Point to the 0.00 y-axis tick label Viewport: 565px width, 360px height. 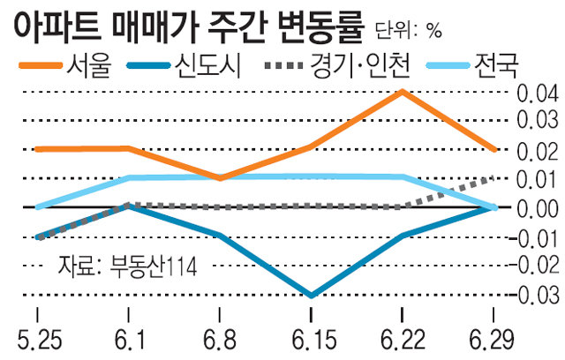click(536, 208)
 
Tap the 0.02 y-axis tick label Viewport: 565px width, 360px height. click(536, 151)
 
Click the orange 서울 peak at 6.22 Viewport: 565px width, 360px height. click(402, 91)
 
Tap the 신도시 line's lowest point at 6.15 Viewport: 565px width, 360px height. click(311, 295)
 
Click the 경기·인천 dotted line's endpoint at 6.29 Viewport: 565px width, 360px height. click(494, 178)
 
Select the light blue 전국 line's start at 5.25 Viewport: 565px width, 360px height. click(38, 207)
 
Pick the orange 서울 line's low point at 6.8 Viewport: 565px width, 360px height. click(220, 178)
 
